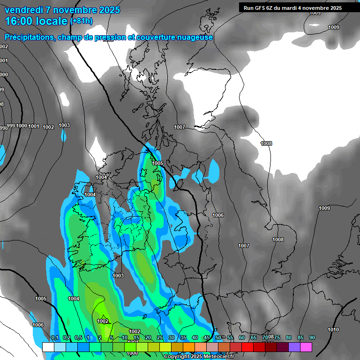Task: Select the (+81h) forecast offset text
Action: [82, 21]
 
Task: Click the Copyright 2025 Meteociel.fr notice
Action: [199, 357]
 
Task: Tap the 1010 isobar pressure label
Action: [333, 330]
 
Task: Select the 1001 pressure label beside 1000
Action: [34, 126]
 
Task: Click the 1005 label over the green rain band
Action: [157, 163]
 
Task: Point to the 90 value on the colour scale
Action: [312, 337]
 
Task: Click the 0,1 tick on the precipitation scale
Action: [54, 337]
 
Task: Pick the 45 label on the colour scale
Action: [206, 337]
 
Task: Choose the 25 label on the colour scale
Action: [159, 337]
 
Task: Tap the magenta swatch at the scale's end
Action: [306, 347]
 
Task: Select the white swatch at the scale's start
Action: [48, 347]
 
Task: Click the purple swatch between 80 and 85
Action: [294, 347]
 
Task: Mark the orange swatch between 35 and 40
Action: [189, 347]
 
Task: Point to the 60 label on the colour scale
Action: [241, 337]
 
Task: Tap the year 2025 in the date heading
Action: [109, 10]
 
